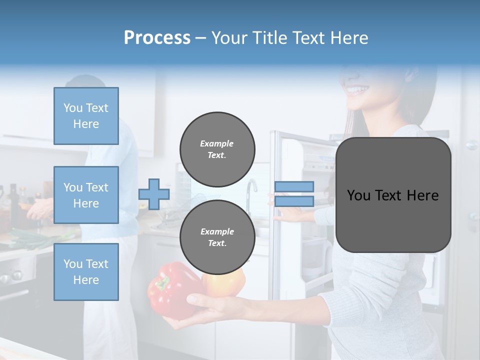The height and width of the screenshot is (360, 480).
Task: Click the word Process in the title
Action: click(157, 38)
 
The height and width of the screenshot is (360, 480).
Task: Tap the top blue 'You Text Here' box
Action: click(86, 116)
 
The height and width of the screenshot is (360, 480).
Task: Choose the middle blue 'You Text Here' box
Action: click(86, 195)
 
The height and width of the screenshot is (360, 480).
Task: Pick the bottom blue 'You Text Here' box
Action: click(86, 272)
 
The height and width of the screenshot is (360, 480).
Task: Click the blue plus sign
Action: click(154, 194)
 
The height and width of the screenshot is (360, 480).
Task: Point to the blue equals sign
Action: click(294, 194)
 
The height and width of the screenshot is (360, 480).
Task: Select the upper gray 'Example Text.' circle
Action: click(217, 149)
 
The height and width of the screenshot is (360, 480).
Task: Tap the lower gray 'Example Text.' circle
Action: click(217, 237)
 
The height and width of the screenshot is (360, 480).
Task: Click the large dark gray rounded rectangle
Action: click(393, 195)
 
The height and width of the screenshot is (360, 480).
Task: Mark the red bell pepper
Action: click(172, 292)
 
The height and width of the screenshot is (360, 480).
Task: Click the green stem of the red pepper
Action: click(162, 283)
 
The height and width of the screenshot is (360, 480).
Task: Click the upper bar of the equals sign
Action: click(294, 187)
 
